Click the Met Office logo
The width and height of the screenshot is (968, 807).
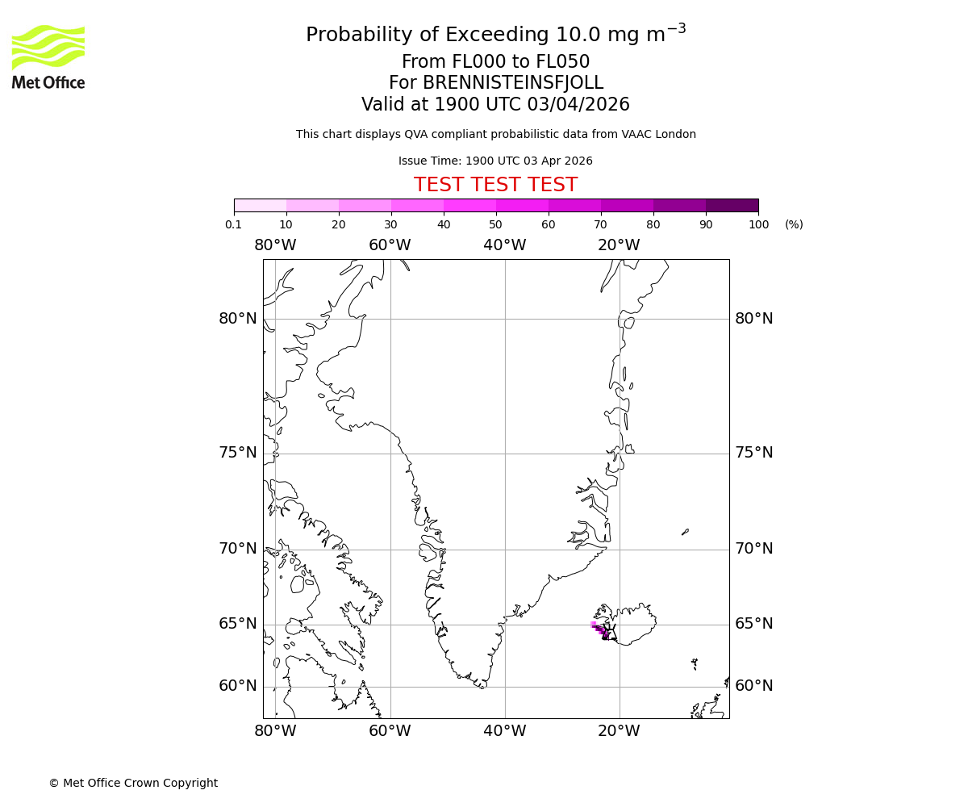tap(48, 56)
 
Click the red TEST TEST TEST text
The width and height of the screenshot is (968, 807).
tap(495, 185)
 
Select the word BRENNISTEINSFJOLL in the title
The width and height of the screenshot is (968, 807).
tap(495, 83)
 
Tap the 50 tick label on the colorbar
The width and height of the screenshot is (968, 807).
tap(496, 224)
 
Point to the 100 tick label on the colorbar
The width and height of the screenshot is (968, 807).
tap(758, 224)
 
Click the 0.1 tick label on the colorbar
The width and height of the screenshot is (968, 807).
tap(234, 224)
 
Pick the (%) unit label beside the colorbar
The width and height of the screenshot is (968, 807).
tap(794, 224)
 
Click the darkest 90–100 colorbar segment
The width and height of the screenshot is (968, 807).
tap(732, 205)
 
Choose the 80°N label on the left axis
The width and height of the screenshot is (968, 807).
tap(238, 319)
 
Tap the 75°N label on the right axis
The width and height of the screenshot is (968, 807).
tap(753, 453)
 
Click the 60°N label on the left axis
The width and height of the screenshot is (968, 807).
tap(238, 686)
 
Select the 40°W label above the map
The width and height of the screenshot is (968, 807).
tap(504, 245)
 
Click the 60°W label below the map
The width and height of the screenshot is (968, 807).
tap(390, 731)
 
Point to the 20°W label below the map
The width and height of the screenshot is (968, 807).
tap(619, 731)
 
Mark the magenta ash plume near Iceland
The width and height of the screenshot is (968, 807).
tap(599, 629)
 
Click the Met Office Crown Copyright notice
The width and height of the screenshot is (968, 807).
tap(133, 783)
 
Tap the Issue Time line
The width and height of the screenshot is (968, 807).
tap(495, 161)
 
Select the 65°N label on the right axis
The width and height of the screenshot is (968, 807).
tap(753, 624)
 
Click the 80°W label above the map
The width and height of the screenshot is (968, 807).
tap(275, 245)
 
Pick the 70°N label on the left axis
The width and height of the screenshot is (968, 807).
tap(238, 549)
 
